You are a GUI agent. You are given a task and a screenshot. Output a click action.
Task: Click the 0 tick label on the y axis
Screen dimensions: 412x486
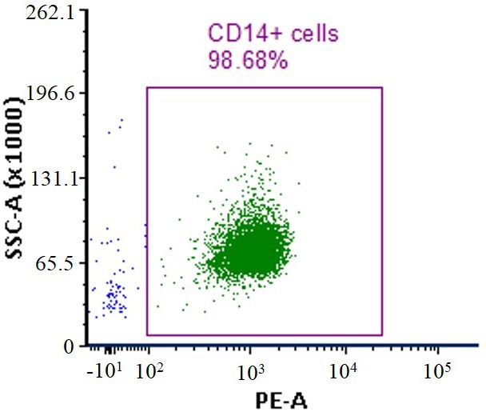69,347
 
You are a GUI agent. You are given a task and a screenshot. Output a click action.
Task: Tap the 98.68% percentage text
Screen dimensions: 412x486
247,59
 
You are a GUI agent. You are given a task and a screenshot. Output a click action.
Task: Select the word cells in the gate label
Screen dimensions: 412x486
309,34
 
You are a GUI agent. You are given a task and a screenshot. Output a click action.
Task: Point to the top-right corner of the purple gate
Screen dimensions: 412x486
383,87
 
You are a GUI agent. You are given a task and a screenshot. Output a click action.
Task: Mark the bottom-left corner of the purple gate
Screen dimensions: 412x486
147,335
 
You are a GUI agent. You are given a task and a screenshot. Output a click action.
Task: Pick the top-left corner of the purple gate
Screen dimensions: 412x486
147,87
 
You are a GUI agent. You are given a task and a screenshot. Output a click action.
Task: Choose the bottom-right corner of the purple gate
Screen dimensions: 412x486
383,335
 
